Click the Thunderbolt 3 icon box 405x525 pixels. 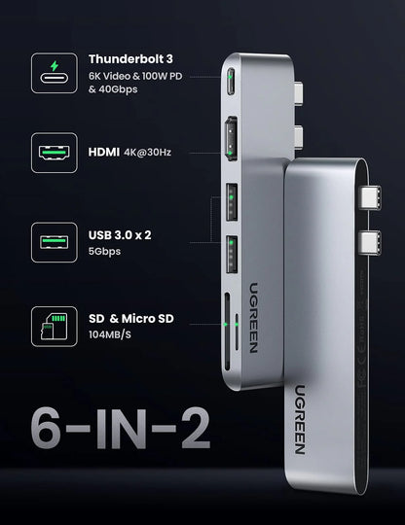click(55, 75)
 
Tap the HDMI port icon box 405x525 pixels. click(55, 153)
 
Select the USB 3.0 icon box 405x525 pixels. click(55, 239)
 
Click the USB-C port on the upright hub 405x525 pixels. click(230, 80)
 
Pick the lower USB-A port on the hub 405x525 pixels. click(232, 250)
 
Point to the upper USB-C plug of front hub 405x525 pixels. click(374, 197)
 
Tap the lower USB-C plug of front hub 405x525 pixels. click(374, 239)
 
